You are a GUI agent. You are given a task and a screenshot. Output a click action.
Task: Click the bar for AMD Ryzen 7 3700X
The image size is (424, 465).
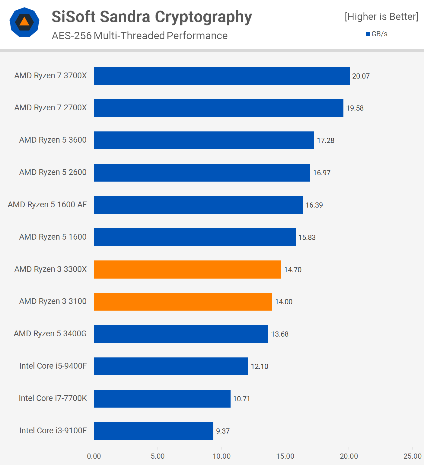pyautogui.click(x=222, y=76)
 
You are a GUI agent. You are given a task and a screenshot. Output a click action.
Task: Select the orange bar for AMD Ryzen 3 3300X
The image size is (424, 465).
pyautogui.click(x=187, y=270)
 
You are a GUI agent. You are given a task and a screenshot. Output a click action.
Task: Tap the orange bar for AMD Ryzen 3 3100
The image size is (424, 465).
pyautogui.click(x=183, y=302)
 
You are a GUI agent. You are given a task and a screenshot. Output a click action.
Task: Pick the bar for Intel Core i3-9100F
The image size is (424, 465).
pyautogui.click(x=154, y=431)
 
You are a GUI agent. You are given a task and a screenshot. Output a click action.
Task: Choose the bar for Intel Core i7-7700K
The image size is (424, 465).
pyautogui.click(x=162, y=399)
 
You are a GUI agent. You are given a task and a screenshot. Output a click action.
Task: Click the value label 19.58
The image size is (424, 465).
pyautogui.click(x=355, y=108)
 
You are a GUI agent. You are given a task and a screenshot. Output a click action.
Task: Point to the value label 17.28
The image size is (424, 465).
pyautogui.click(x=325, y=140)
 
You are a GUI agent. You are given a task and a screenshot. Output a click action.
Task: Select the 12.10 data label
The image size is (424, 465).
pyautogui.click(x=260, y=367)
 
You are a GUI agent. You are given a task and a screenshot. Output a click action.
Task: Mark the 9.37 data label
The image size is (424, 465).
pyautogui.click(x=223, y=431)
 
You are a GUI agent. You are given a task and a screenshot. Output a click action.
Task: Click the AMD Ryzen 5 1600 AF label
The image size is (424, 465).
pyautogui.click(x=47, y=205)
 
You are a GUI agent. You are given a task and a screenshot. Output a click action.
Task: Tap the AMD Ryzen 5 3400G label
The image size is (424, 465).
pyautogui.click(x=50, y=334)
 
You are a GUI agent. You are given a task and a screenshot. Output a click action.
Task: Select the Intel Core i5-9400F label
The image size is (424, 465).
pyautogui.click(x=53, y=366)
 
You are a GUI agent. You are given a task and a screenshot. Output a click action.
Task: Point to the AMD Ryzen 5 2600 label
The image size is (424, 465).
pyautogui.click(x=53, y=172)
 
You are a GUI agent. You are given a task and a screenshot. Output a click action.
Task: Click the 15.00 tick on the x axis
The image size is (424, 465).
pyautogui.click(x=285, y=456)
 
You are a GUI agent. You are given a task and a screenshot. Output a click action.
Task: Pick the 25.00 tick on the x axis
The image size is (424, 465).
pyautogui.click(x=412, y=456)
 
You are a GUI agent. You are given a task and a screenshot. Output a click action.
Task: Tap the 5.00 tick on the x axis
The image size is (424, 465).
pyautogui.click(x=158, y=456)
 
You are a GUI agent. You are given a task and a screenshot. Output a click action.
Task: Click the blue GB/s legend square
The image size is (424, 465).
pyautogui.click(x=368, y=34)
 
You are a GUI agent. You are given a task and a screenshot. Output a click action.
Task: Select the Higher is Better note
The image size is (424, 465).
pyautogui.click(x=381, y=17)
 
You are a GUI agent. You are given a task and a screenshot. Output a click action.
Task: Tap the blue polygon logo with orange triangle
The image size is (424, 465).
pyautogui.click(x=24, y=22)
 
